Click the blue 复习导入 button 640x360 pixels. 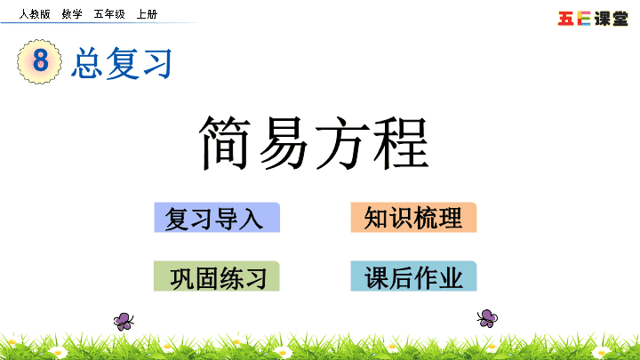[217, 218]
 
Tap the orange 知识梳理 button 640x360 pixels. [413, 218]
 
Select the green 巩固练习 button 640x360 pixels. [217, 276]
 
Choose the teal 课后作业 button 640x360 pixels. [413, 276]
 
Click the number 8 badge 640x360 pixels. [40, 61]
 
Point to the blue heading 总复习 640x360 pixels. [122, 63]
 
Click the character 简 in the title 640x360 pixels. [224, 142]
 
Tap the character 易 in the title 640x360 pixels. [283, 142]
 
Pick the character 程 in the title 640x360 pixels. [401, 142]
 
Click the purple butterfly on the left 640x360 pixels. [124, 321]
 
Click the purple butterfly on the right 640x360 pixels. [487, 318]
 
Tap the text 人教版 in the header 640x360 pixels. [35, 14]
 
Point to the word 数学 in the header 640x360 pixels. [72, 14]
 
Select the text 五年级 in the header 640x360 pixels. [109, 14]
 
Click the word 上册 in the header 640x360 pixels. [147, 14]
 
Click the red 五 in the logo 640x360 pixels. [565, 19]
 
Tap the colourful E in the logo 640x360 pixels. [584, 19]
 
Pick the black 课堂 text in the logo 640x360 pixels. [611, 19]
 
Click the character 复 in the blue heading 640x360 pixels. [122, 63]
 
